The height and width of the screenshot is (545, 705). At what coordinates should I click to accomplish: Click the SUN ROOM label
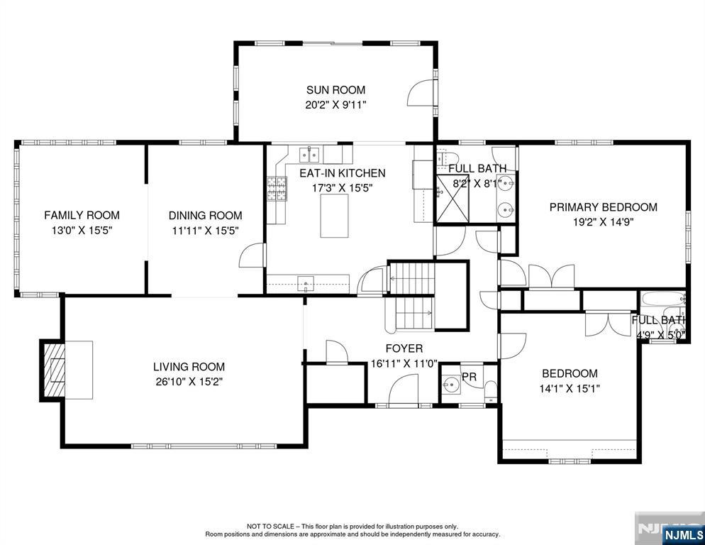[x=336, y=90]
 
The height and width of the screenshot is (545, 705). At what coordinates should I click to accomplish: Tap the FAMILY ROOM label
[x=82, y=215]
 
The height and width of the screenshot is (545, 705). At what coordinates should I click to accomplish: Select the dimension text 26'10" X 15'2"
[x=189, y=382]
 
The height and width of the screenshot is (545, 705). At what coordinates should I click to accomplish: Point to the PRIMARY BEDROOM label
[x=604, y=207]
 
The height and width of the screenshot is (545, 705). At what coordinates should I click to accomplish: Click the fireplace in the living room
[x=53, y=370]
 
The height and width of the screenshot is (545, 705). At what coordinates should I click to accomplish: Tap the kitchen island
[x=334, y=216]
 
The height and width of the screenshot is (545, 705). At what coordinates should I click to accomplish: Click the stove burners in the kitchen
[x=277, y=189]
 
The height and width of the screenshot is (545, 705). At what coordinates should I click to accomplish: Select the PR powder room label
[x=469, y=377]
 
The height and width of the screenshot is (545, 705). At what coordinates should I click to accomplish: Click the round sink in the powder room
[x=450, y=385]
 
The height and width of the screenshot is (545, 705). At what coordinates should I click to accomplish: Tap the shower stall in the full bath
[x=453, y=199]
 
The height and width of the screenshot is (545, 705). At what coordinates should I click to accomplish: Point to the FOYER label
[x=404, y=348]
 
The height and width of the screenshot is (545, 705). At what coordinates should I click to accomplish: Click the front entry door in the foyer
[x=404, y=390]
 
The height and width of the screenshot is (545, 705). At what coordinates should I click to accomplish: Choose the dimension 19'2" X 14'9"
[x=604, y=222]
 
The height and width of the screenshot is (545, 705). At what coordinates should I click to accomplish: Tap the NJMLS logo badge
[x=684, y=534]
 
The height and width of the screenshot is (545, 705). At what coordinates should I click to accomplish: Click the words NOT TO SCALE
[x=270, y=526]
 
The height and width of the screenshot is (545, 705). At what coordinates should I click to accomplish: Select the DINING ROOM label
[x=206, y=216]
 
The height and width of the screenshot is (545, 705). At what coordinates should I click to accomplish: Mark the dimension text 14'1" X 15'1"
[x=570, y=388]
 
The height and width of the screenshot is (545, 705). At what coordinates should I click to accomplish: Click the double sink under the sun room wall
[x=309, y=155]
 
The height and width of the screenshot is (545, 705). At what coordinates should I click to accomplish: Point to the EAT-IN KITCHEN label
[x=343, y=173]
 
